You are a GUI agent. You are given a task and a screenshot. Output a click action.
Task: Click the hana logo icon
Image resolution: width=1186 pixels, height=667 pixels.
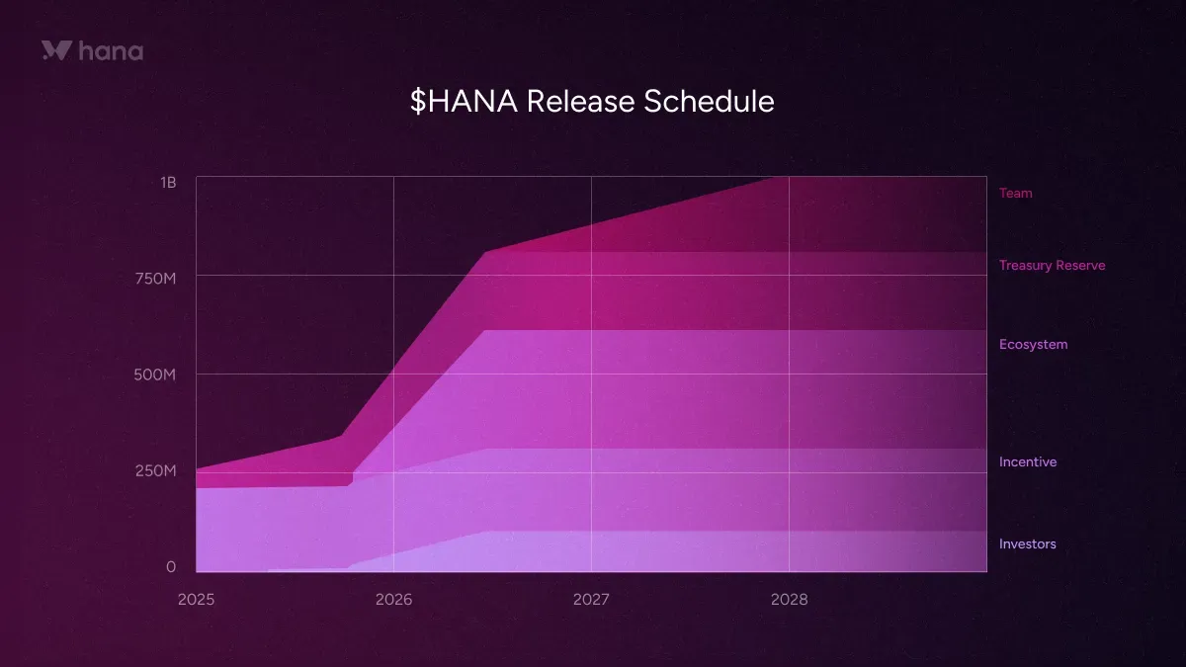pos(56,50)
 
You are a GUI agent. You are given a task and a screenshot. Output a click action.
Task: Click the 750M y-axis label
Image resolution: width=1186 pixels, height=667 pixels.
pos(155,279)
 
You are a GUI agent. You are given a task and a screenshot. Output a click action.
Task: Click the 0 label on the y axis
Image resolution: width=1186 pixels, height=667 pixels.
pos(171,566)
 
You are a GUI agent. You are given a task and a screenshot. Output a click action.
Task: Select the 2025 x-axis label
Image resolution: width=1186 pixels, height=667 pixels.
pos(196,600)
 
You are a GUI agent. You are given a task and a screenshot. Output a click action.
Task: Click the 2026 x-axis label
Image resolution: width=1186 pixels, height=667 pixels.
pos(393,600)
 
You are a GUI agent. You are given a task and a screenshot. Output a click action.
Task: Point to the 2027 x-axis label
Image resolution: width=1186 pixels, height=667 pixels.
pos(591,600)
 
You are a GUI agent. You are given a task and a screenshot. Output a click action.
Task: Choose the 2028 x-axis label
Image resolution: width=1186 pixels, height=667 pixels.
pos(789,600)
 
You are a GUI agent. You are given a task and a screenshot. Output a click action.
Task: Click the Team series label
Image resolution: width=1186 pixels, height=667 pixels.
pos(1015,193)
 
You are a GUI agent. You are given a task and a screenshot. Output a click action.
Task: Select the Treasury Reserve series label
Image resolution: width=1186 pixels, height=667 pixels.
pos(1052,265)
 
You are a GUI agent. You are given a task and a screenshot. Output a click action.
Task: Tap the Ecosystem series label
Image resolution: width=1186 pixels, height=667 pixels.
pos(1033,344)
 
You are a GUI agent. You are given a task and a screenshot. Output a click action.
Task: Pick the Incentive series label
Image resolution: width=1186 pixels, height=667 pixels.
pos(1027,461)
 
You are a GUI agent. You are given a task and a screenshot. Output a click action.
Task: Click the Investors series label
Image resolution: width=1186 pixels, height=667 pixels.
pos(1027,543)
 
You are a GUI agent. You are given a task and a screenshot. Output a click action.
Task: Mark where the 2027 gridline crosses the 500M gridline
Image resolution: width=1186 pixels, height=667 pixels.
pos(591,374)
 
